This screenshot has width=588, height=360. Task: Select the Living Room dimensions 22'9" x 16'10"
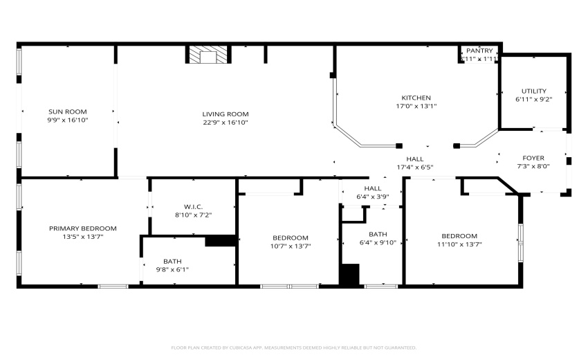click(226, 123)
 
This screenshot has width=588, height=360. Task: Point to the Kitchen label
click(416, 98)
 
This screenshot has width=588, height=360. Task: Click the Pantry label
click(479, 51)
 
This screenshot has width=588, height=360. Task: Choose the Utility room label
click(534, 91)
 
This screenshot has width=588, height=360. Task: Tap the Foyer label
click(533, 158)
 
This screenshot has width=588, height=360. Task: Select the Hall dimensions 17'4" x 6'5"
click(415, 167)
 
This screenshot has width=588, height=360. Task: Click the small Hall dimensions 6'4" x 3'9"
click(373, 197)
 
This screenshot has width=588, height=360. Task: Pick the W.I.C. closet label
click(193, 206)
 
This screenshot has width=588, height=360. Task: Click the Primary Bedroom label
click(82, 228)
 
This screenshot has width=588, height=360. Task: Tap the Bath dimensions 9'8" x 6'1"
click(172, 269)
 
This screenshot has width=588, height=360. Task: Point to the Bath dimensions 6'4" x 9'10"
click(378, 243)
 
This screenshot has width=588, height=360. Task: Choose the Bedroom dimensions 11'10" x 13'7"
click(459, 244)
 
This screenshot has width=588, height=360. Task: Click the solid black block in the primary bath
click(221, 241)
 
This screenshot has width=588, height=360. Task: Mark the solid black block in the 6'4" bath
click(349, 275)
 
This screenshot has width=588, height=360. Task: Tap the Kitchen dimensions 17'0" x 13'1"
click(416, 106)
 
